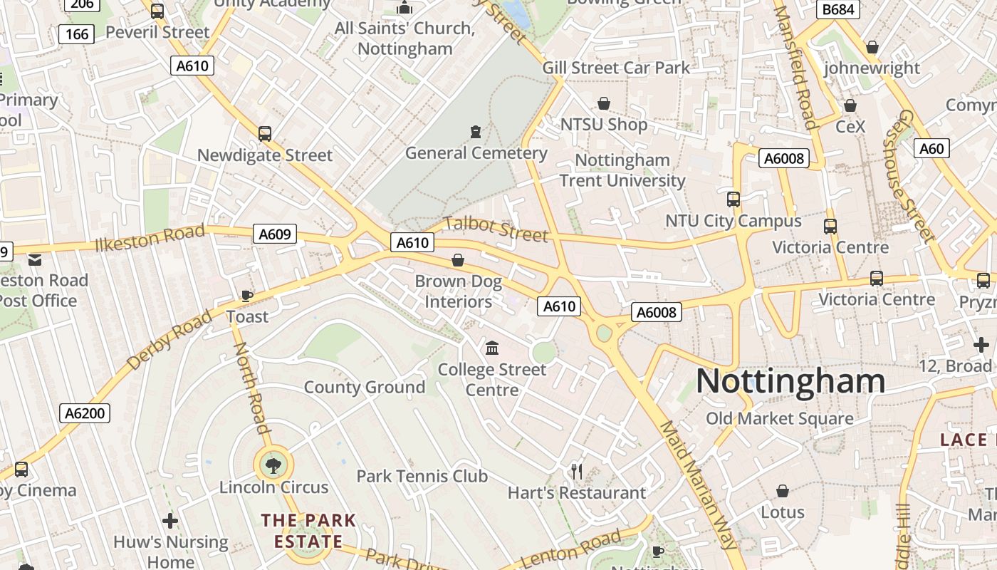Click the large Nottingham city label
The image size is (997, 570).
(790, 380)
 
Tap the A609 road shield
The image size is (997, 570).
(274, 234)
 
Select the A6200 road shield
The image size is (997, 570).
(85, 413)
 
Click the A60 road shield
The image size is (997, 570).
(931, 148)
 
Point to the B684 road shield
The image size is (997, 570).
(837, 9)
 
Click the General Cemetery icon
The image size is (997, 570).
(476, 132)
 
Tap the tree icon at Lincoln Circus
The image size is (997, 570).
(273, 467)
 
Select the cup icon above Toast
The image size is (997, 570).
(247, 296)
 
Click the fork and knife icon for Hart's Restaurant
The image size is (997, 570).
(577, 472)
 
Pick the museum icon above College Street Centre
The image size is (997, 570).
(492, 348)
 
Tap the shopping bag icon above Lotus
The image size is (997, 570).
(782, 491)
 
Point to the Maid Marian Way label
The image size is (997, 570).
(697, 484)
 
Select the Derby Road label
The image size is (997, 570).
(169, 340)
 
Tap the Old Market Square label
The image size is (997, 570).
(779, 418)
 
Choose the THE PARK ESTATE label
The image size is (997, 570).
(308, 530)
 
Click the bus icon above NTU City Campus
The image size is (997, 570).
(734, 199)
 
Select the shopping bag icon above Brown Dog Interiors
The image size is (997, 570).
(458, 260)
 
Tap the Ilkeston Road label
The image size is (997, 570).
(150, 237)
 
